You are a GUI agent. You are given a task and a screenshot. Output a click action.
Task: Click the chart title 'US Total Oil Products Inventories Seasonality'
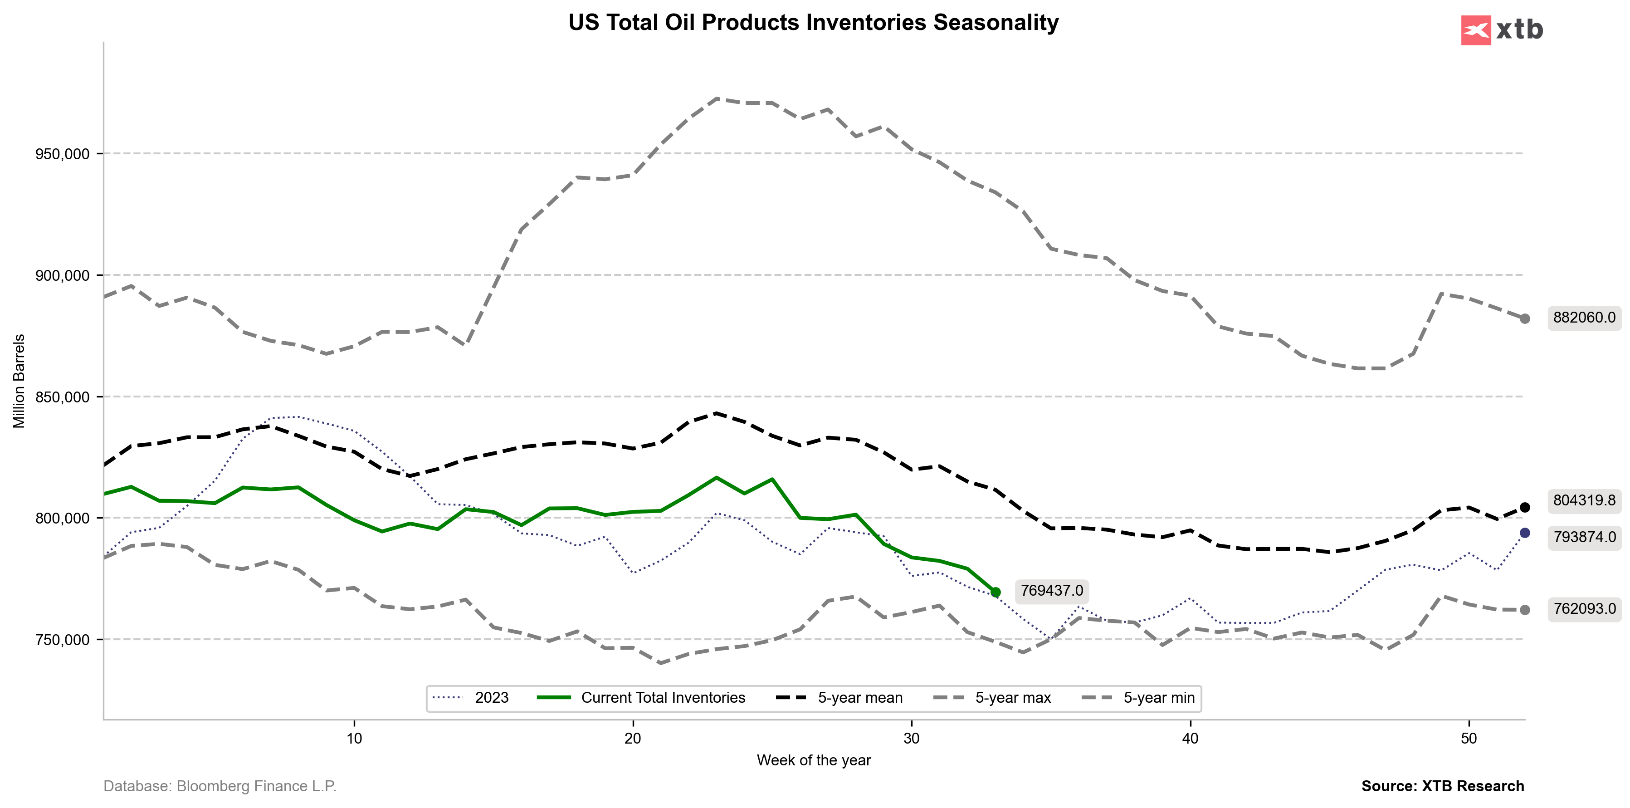click(x=813, y=23)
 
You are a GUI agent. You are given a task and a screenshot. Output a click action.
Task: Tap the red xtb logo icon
click(x=1476, y=30)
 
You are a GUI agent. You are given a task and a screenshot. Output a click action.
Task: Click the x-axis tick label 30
click(x=911, y=739)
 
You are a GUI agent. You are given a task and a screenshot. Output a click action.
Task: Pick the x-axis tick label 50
click(x=1469, y=739)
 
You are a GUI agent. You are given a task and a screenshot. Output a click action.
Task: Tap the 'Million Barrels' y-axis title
click(x=20, y=381)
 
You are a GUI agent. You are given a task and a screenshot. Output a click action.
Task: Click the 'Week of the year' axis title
click(x=814, y=760)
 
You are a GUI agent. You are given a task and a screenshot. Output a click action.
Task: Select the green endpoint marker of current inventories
click(x=996, y=592)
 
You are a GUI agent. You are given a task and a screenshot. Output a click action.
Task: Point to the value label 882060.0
click(x=1584, y=318)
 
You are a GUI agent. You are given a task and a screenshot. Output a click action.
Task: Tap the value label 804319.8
click(x=1584, y=500)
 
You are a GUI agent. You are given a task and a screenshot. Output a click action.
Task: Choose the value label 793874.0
click(x=1584, y=537)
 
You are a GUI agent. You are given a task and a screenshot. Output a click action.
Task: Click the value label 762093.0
click(x=1584, y=609)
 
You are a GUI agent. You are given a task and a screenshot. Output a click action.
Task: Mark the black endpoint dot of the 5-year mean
click(x=1525, y=508)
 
